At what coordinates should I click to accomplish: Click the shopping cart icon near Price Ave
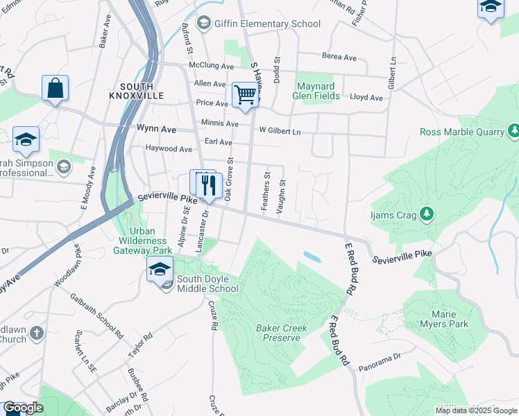[245, 94]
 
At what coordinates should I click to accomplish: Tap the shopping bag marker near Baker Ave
[55, 89]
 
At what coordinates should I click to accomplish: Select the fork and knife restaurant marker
[209, 184]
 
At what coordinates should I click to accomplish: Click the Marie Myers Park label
[444, 319]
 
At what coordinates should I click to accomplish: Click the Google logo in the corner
[23, 408]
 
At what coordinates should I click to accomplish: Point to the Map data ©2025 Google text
[475, 410]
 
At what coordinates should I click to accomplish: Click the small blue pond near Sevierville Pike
[312, 257]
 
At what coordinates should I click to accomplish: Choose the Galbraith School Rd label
[97, 315]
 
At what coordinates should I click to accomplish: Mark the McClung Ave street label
[212, 66]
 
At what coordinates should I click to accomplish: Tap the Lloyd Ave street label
[366, 98]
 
